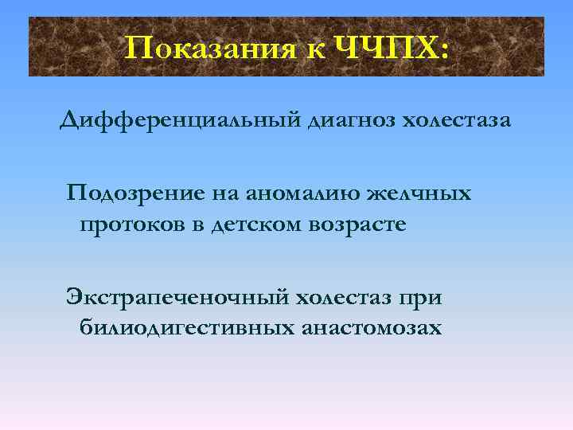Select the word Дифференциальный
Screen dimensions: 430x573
180,121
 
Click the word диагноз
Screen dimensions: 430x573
351,121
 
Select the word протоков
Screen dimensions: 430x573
132,225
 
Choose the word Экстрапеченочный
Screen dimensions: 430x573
177,298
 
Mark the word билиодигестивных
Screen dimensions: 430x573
188,328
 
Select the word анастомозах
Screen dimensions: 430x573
372,328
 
